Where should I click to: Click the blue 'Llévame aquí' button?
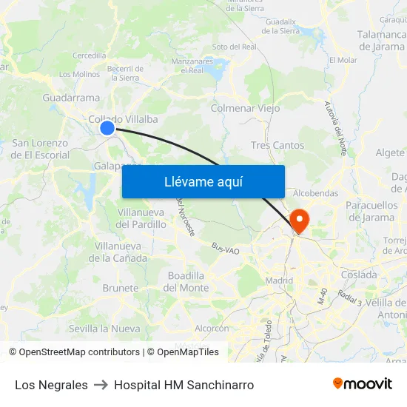(203, 181)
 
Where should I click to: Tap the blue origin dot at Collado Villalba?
(107, 128)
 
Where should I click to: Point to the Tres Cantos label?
(277, 145)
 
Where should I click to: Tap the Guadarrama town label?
(71, 98)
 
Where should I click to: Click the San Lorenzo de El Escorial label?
(40, 149)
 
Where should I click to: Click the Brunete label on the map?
(121, 288)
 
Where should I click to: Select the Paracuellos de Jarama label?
(371, 211)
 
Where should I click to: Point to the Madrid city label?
(279, 280)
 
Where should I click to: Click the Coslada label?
(359, 275)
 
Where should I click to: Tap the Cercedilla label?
(89, 55)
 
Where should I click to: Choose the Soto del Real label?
(234, 47)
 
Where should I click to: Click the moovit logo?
(362, 383)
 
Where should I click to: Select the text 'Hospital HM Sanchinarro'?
(184, 385)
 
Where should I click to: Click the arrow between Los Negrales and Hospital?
(101, 385)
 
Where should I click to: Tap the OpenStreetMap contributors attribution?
(74, 352)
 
